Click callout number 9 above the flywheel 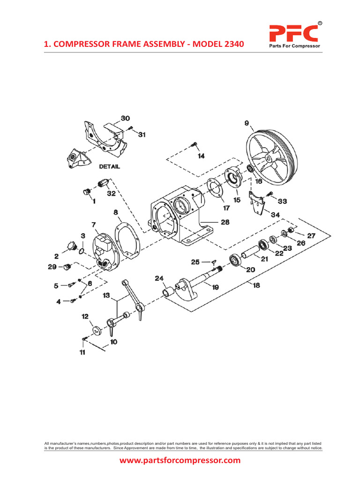click(x=247, y=123)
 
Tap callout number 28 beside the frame click(x=225, y=222)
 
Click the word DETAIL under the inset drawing click(x=110, y=166)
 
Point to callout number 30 click(x=125, y=118)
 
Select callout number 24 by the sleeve click(x=159, y=279)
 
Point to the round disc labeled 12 click(x=96, y=330)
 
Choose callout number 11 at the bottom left click(x=82, y=352)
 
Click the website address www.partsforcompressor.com click(x=180, y=460)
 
